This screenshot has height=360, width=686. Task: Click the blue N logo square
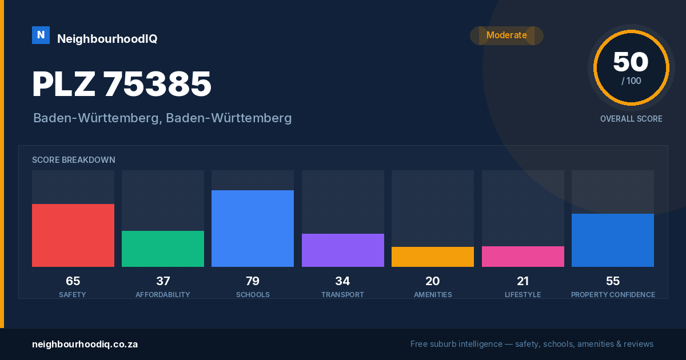[x=41, y=35]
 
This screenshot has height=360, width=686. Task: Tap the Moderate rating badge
[x=506, y=35]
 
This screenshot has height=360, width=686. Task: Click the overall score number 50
[x=631, y=62]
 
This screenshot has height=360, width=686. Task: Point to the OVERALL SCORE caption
[x=631, y=119]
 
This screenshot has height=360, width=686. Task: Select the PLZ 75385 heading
[x=122, y=84]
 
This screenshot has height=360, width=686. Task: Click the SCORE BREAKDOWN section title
[x=74, y=160]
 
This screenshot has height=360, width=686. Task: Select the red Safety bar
[x=73, y=235]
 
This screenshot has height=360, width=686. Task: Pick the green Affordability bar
[x=163, y=249]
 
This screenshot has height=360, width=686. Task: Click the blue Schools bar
[x=253, y=229]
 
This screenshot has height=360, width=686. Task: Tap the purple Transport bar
[x=343, y=250]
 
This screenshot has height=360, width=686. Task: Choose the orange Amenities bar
[x=433, y=257]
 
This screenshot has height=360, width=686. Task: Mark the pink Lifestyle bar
[x=523, y=257]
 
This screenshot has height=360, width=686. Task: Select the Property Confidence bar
[x=613, y=241]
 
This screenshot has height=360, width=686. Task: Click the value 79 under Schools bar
[x=253, y=281]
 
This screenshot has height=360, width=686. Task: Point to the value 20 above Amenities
[x=433, y=281]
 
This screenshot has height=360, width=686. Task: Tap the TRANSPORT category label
[x=342, y=294]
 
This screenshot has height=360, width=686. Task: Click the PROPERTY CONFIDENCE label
[x=613, y=294]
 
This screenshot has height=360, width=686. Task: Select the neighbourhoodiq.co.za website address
[x=85, y=344]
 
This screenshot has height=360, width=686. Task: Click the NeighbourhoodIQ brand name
[x=107, y=39]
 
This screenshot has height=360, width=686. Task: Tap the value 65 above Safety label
[x=73, y=281]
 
